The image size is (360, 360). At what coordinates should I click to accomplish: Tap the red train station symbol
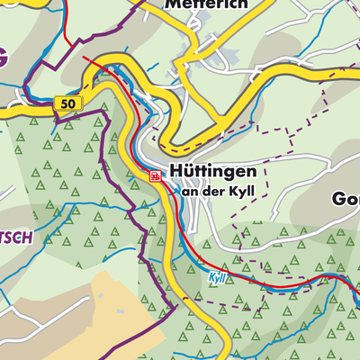156,176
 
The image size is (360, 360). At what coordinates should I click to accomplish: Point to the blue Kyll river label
216,278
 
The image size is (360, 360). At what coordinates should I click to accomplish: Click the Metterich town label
205,4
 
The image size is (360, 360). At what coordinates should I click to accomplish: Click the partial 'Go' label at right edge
346,198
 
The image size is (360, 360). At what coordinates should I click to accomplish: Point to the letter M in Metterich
171,4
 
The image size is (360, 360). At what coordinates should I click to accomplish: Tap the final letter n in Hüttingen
251,172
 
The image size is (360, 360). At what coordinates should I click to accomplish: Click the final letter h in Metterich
241,4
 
